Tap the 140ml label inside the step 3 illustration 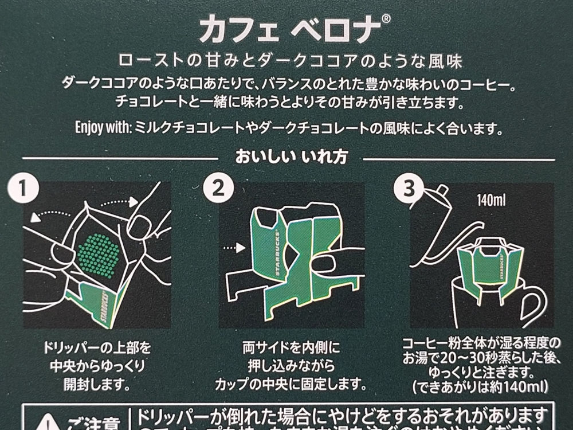[x=491, y=201]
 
